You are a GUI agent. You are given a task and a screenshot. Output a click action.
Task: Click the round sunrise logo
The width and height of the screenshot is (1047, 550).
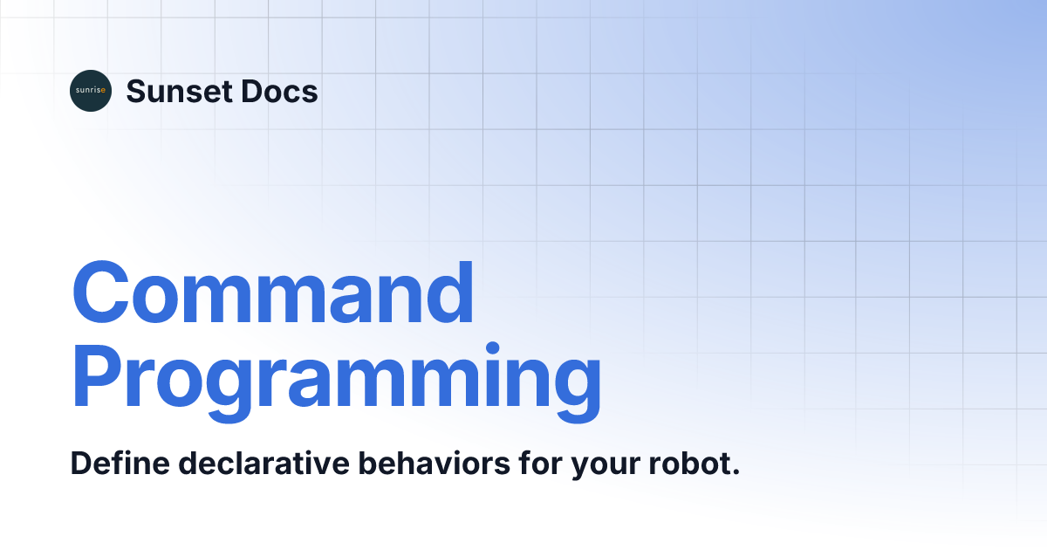coord(91,91)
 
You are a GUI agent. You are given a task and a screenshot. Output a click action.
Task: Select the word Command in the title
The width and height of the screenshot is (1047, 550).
coord(273,293)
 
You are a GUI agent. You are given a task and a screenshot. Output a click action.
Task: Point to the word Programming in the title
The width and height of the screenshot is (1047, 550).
coord(336,377)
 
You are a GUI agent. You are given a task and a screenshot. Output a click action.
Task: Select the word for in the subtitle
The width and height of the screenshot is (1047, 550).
coord(539,464)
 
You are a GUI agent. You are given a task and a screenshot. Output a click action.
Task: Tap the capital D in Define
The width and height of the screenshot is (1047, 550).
coord(80,464)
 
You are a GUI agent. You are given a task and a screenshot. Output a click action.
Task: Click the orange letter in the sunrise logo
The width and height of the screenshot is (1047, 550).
coord(105,91)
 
